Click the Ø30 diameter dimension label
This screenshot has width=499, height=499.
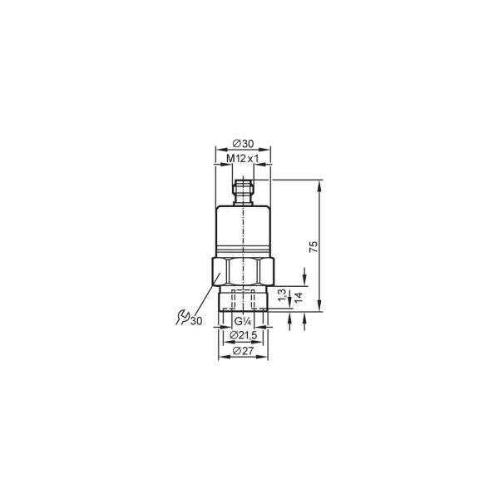pos(243,144)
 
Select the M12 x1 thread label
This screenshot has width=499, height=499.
pos(243,159)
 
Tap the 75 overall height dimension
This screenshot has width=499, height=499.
pos(314,247)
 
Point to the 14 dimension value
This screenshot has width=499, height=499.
pos(299,297)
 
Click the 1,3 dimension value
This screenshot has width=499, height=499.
pos(283,295)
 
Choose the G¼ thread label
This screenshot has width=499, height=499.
pos(243,321)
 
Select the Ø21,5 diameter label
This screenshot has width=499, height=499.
pos(243,335)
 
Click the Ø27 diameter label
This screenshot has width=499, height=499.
pos(243,351)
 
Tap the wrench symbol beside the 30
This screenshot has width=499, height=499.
pos(183,317)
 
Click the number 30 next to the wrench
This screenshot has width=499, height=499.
pos(196,321)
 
